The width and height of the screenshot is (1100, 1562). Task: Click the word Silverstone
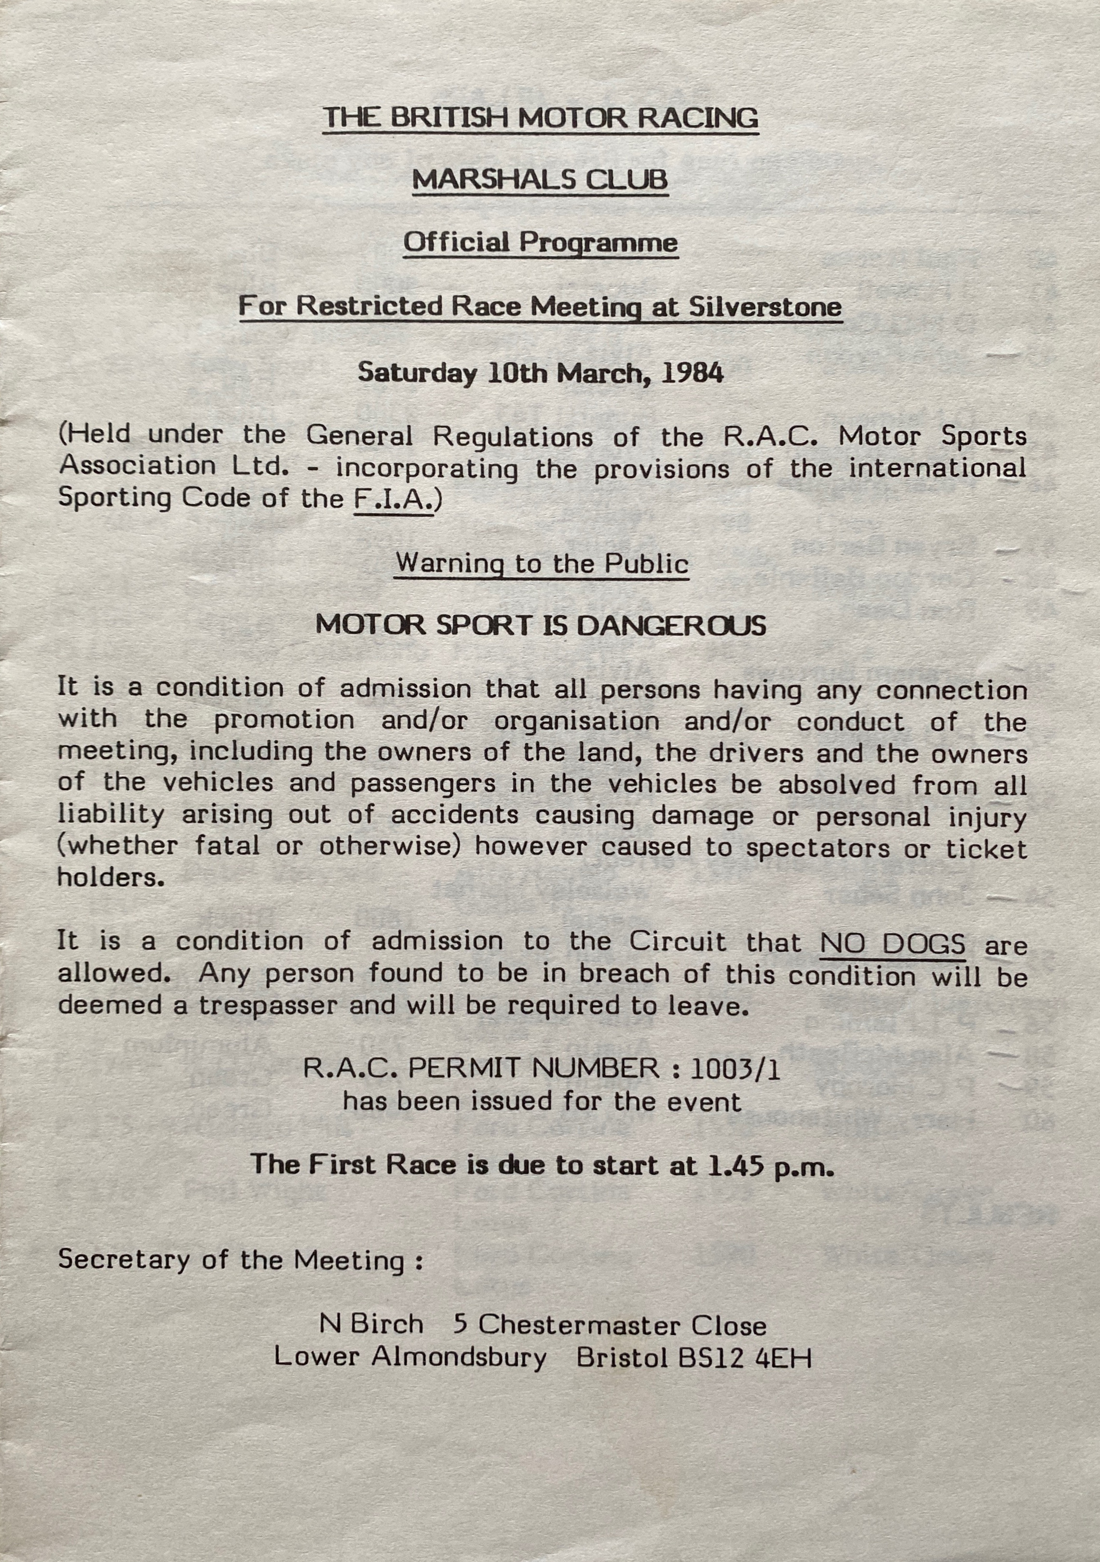pyautogui.click(x=765, y=306)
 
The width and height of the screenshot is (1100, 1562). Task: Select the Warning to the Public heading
pyautogui.click(x=542, y=563)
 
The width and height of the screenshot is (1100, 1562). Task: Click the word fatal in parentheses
pyautogui.click(x=227, y=846)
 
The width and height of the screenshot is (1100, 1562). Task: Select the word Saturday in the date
pyautogui.click(x=417, y=373)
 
